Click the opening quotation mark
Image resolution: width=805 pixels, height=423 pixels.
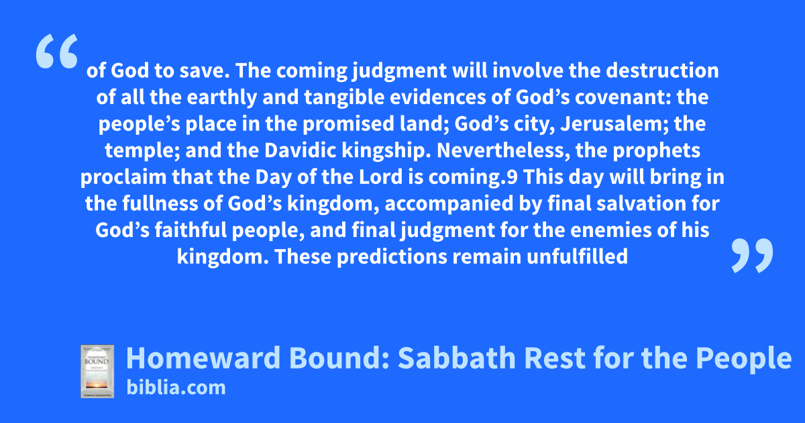(x=57, y=51)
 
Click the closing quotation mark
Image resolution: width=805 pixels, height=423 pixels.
(x=752, y=255)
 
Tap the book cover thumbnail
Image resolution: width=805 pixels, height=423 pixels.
(x=97, y=371)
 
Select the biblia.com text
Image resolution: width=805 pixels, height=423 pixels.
(x=176, y=388)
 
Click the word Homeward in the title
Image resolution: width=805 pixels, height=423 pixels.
(x=203, y=358)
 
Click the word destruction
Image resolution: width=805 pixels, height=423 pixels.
(x=662, y=70)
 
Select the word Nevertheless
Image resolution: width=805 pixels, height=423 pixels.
(x=504, y=150)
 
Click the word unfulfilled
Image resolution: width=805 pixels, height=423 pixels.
(x=578, y=256)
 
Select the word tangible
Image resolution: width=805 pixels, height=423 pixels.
(x=344, y=98)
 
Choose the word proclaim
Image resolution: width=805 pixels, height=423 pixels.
(x=123, y=178)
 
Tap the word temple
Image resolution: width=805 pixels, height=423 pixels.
(x=142, y=151)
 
